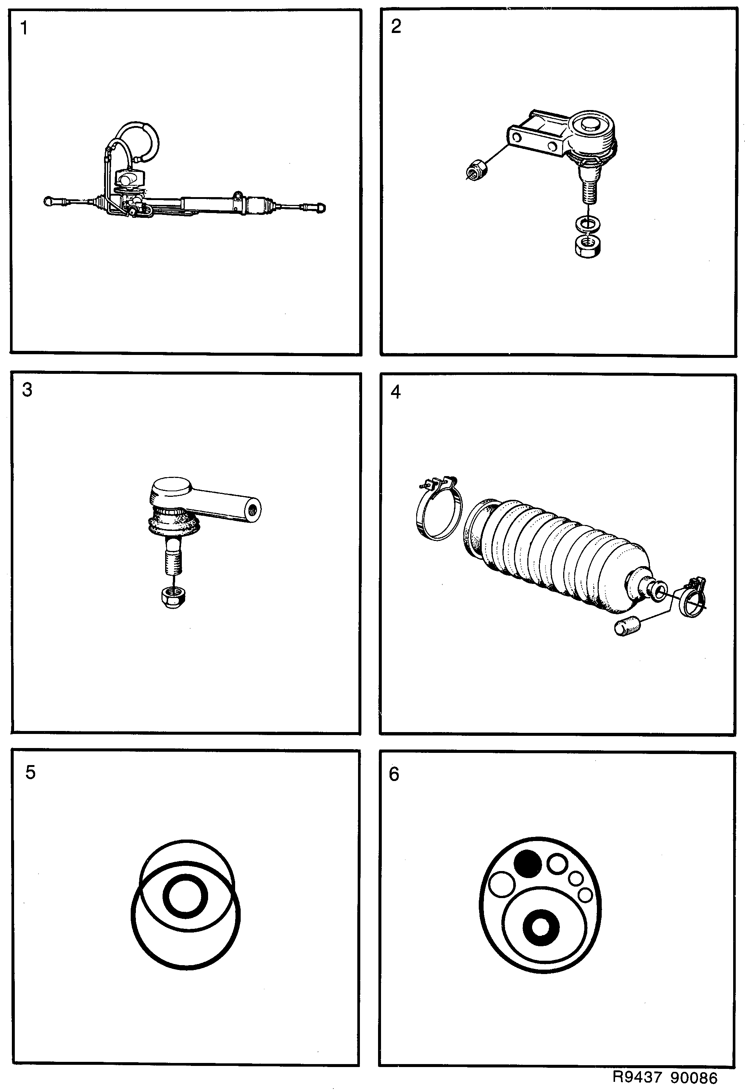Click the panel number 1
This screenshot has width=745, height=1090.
pyautogui.click(x=24, y=29)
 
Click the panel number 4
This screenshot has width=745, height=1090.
pyautogui.click(x=396, y=392)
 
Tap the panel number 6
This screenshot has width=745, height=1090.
pyautogui.click(x=394, y=774)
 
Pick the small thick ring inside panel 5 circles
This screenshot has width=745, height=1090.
pyautogui.click(x=185, y=896)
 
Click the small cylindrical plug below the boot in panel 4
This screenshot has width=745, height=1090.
pyautogui.click(x=627, y=627)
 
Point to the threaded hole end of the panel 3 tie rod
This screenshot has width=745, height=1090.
pyautogui.click(x=254, y=509)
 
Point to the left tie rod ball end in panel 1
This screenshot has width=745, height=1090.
pyautogui.click(x=48, y=202)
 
